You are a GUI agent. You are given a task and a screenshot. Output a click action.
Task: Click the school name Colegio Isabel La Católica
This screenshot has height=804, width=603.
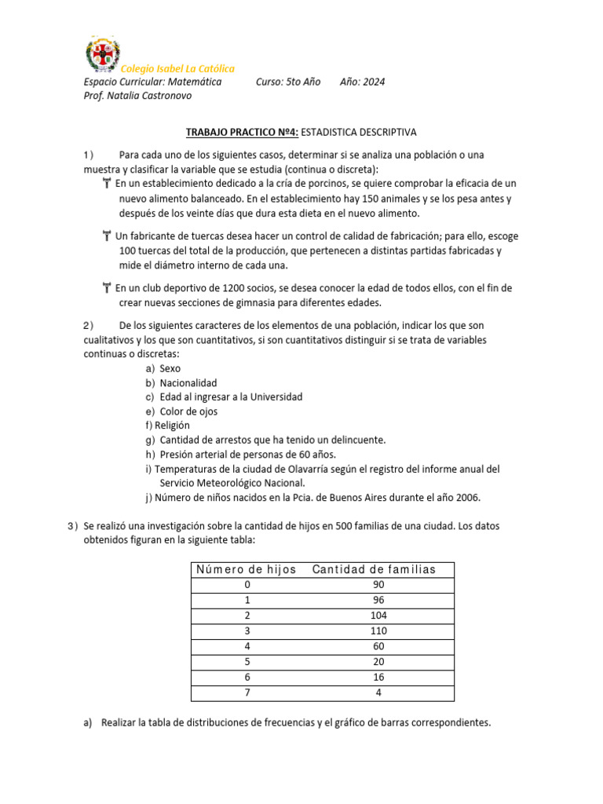(x=177, y=69)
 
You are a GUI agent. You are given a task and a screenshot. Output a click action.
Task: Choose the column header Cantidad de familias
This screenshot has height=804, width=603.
(x=374, y=569)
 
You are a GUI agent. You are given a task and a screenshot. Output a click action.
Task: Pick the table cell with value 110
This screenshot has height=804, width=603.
(x=378, y=631)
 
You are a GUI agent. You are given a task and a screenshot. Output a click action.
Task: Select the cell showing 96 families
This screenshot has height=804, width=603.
(x=378, y=601)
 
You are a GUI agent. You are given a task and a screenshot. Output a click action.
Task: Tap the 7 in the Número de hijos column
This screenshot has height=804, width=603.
(x=248, y=693)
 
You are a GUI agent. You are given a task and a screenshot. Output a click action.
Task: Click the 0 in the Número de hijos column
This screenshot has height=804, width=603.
(x=248, y=585)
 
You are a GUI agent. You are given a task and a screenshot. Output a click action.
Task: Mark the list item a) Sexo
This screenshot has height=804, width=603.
(x=163, y=368)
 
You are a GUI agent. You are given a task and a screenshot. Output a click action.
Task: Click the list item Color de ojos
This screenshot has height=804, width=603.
(x=188, y=411)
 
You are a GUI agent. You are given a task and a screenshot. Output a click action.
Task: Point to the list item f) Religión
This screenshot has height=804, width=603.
(x=167, y=426)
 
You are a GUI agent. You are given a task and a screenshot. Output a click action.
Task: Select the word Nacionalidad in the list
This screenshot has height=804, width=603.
(x=188, y=382)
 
